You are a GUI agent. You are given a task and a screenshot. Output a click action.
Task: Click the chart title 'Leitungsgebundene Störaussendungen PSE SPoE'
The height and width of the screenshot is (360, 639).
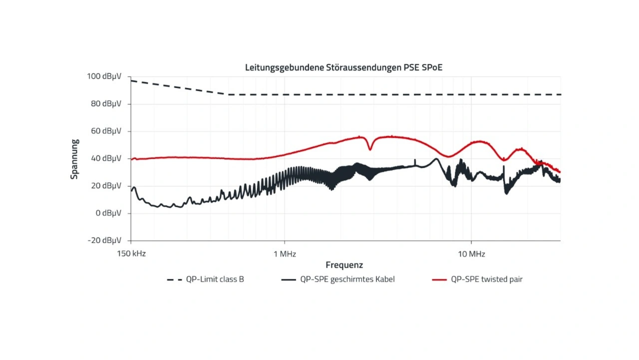pos(343,67)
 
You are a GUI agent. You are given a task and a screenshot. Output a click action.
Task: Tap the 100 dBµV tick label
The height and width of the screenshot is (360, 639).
pos(104,77)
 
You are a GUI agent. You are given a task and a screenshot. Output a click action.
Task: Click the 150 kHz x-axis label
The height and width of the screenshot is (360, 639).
pos(131,254)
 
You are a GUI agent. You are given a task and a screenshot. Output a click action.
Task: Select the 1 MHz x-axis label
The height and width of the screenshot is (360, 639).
pos(285,254)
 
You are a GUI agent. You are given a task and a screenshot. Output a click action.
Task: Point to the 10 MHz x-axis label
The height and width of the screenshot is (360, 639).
pos(471,254)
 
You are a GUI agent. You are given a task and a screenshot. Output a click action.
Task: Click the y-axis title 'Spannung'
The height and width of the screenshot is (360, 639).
pos(74,159)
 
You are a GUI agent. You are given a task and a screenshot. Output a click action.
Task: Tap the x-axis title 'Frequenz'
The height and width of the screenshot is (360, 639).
pos(344,265)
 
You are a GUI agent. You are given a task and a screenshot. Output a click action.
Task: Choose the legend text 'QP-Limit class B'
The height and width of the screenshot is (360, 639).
pos(215,280)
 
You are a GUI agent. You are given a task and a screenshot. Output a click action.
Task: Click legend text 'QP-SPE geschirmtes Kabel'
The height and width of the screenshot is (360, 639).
pos(347,280)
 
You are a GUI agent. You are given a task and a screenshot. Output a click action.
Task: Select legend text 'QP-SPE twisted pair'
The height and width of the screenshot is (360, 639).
pos(487,280)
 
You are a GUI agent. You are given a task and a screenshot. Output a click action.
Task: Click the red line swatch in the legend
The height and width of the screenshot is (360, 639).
pos(439,280)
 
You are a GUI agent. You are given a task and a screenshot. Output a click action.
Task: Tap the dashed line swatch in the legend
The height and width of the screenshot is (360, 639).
pos(174,280)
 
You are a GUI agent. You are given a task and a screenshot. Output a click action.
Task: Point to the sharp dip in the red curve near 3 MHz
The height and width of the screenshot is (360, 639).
pos(370,149)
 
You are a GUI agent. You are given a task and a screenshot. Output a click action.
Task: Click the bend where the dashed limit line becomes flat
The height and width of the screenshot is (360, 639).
pos(229,94)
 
